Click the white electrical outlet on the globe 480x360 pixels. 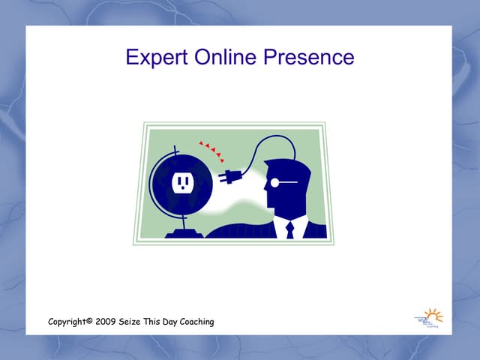click(181, 181)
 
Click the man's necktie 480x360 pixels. click(289, 229)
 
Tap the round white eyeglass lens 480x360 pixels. click(275, 182)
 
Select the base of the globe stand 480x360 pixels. click(184, 233)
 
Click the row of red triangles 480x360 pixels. click(211, 149)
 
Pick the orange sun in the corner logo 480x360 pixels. click(433, 314)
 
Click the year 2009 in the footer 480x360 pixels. click(106, 322)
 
